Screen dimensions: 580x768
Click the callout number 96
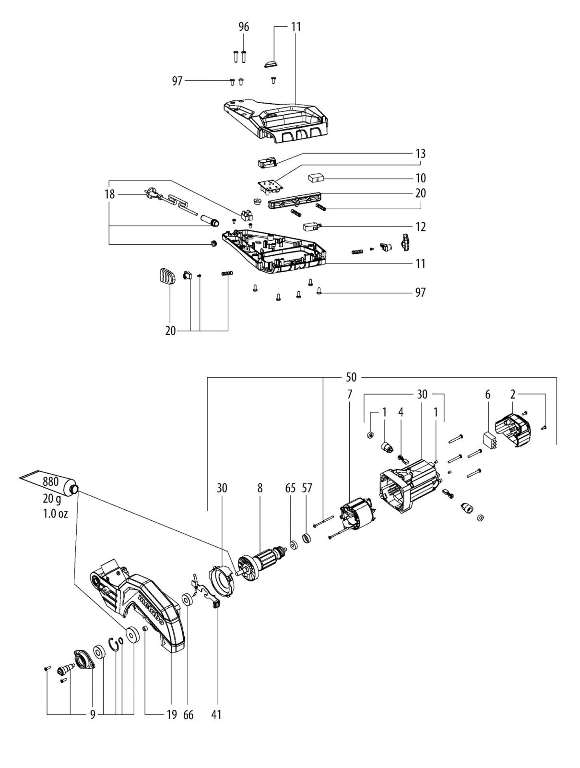tap(244, 27)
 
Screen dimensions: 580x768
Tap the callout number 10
tap(421, 178)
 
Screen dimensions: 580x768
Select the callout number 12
tap(421, 227)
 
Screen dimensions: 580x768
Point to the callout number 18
tap(109, 194)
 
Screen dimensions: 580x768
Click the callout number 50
tap(351, 377)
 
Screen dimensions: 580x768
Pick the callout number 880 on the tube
tap(51, 482)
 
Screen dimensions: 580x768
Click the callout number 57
tap(307, 488)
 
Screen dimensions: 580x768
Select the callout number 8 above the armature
tap(260, 488)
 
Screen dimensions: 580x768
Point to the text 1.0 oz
tap(55, 514)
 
